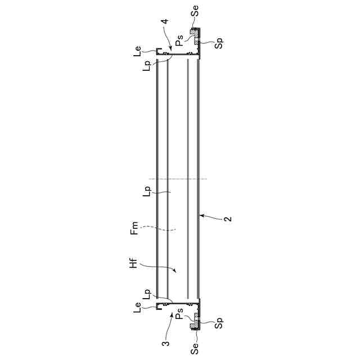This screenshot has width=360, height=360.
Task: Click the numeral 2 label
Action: point(228,219)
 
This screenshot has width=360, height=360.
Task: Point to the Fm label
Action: point(134,228)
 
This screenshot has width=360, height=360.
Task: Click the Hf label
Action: point(133,263)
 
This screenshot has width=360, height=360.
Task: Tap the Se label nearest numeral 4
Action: point(195,11)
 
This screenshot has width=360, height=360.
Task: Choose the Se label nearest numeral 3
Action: point(195,348)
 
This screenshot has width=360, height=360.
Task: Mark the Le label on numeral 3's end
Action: point(137,308)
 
